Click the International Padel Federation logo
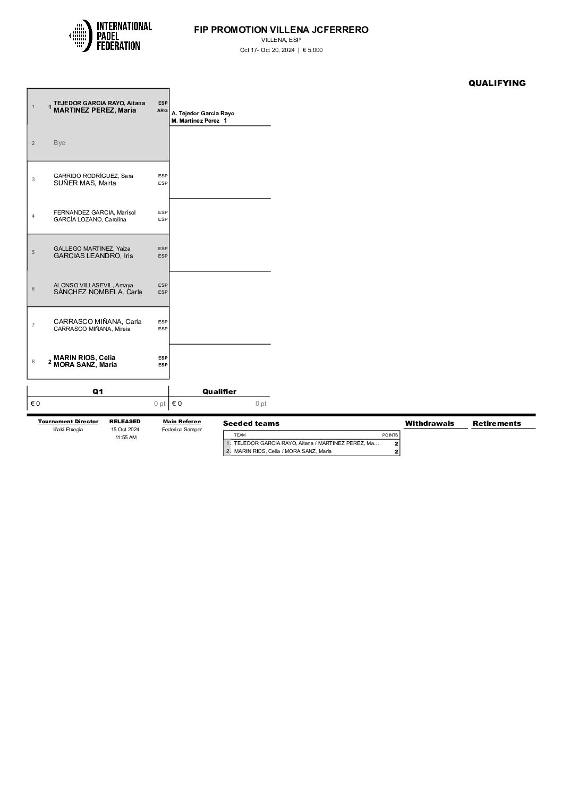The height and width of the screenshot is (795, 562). coord(110,36)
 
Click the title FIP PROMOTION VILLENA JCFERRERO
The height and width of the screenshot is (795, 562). coord(281,30)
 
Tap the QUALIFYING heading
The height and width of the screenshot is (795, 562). coord(497,83)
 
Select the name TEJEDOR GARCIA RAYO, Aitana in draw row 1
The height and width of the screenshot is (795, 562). coord(99,103)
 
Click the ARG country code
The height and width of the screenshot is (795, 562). coord(163,110)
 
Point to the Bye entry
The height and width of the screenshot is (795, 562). coord(59,143)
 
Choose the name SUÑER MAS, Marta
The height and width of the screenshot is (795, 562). coord(84,183)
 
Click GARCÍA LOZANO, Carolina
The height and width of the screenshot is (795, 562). coord(90,219)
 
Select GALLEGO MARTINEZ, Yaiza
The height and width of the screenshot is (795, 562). coord(92,249)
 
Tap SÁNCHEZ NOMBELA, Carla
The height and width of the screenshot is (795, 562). coord(98,292)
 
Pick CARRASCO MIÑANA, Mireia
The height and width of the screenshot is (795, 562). coord(92,329)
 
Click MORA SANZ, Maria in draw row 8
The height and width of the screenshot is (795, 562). coord(85,365)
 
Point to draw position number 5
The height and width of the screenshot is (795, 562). coord(33,252)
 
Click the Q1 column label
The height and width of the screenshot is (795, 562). coord(98,391)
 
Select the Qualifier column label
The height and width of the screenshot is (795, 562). coord(219,391)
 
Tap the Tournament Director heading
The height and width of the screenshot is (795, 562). coord(68,422)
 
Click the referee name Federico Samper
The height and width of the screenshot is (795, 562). coord(182,430)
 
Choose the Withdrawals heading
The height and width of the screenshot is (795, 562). coord(429,423)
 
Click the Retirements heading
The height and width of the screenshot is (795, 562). coord(497,423)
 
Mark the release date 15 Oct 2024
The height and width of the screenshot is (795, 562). coord(125,430)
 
